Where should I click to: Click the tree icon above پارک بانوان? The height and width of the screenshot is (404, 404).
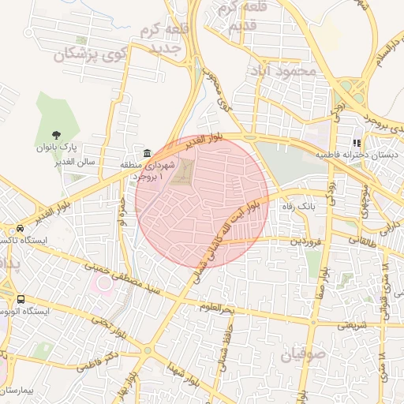(56, 135)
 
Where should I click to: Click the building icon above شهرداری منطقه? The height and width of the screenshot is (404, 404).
(147, 153)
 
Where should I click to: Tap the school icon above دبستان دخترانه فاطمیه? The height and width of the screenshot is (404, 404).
(357, 144)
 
